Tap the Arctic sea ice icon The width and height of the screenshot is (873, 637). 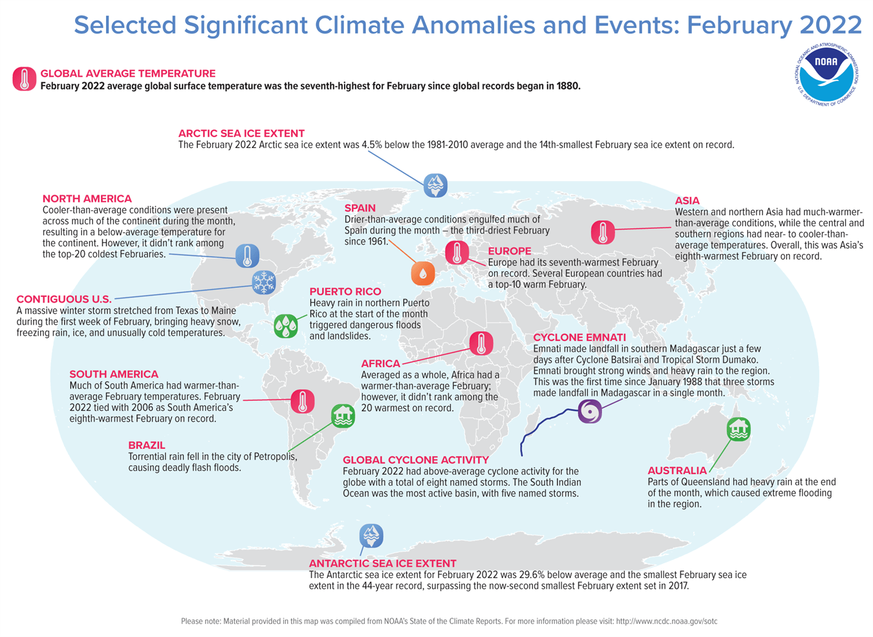coord(435,185)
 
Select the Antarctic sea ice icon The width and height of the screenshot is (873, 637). coord(371,535)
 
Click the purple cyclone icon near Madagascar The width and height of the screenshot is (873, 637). coord(590,411)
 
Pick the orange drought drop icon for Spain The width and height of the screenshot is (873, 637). coord(423,273)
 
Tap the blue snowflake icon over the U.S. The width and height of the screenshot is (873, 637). coord(263,283)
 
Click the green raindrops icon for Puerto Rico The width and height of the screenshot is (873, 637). coord(286,325)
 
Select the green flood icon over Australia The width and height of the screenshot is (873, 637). coord(738,429)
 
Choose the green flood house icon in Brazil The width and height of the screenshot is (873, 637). coord(343,416)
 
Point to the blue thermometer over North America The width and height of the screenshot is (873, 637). coord(247,255)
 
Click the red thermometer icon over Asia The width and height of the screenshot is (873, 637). coord(603,232)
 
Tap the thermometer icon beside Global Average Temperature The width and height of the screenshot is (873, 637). coord(25,79)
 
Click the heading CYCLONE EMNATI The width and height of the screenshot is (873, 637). coord(579,338)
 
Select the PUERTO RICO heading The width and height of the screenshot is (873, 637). coord(345,292)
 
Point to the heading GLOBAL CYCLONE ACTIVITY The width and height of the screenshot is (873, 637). coord(416,460)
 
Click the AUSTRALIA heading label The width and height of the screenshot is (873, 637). coord(677,471)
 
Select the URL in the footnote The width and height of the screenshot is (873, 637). coord(667,621)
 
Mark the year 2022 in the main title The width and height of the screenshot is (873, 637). coord(830,26)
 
